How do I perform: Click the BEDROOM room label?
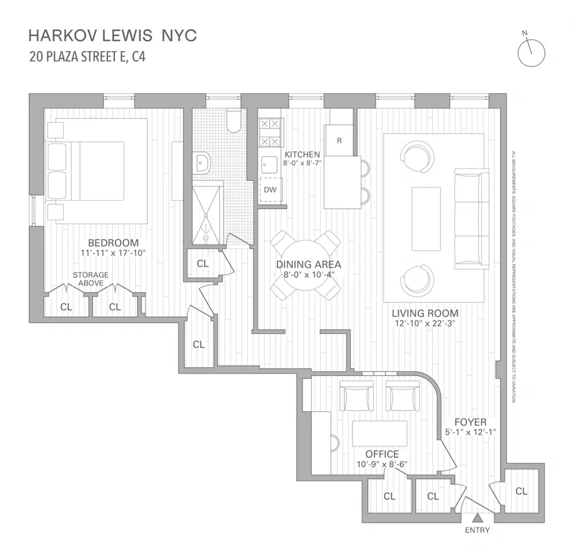114,243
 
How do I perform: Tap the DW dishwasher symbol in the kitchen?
270,190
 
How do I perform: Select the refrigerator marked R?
339,140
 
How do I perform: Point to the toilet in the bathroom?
234,120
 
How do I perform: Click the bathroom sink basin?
202,162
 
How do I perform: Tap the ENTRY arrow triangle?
477,518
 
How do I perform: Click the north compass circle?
531,53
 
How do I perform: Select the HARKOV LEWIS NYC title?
113,36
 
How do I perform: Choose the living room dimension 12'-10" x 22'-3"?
425,324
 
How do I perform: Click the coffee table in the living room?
426,219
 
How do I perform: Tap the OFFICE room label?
382,454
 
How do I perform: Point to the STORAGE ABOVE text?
91,278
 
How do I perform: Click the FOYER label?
471,422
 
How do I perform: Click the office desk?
379,433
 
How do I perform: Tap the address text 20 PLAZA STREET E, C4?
87,57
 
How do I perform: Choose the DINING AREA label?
309,265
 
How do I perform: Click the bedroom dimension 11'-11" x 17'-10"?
114,252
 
